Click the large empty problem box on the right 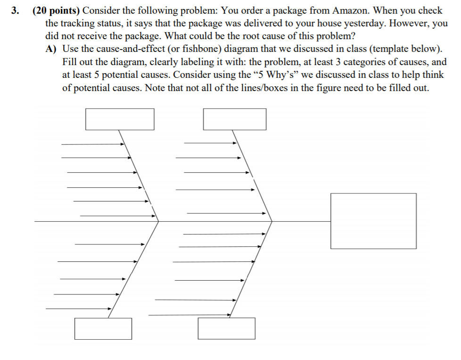click(373, 221)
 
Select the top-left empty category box click(120, 119)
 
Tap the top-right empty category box click(235, 119)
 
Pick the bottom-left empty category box click(103, 328)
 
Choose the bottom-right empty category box click(226, 328)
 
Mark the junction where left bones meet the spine click(158, 220)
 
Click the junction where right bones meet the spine click(272, 220)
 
